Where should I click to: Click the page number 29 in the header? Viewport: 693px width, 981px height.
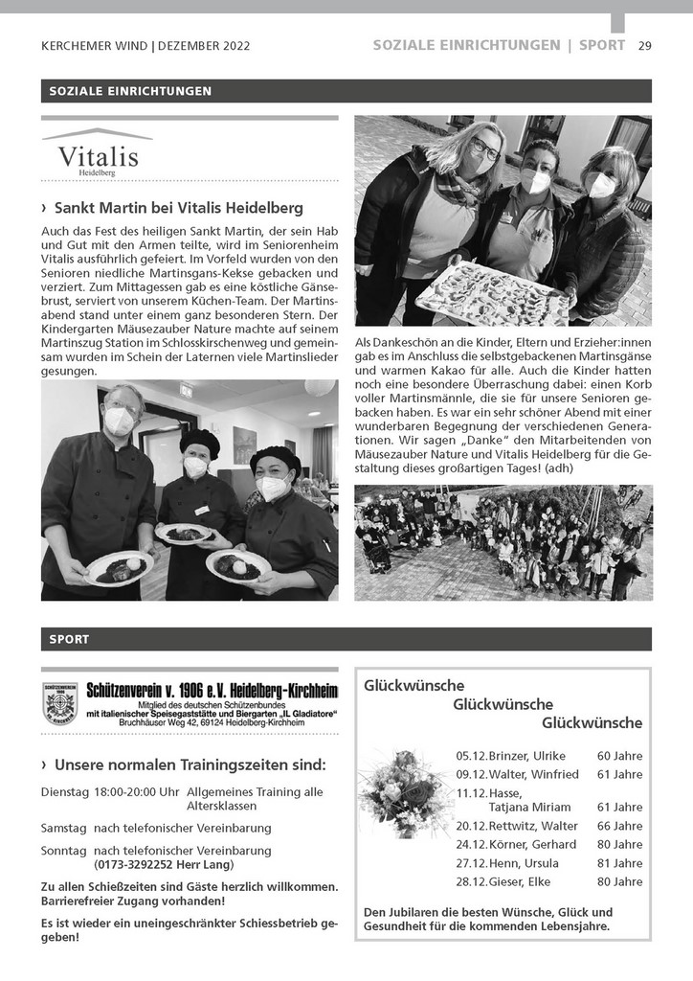pos(644,45)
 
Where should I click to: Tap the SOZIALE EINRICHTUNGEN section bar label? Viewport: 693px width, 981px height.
pos(126,91)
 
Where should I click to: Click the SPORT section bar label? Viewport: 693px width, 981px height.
pos(69,639)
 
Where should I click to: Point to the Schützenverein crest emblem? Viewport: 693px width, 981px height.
pos(60,703)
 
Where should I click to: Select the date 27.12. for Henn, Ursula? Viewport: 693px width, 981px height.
pos(471,863)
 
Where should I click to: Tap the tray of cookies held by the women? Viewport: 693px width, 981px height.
pos(491,294)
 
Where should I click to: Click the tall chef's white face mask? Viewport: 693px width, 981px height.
pos(120,420)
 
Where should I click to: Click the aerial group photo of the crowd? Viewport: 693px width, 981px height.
pos(503,542)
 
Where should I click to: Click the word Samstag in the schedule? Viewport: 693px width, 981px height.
pos(63,827)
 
